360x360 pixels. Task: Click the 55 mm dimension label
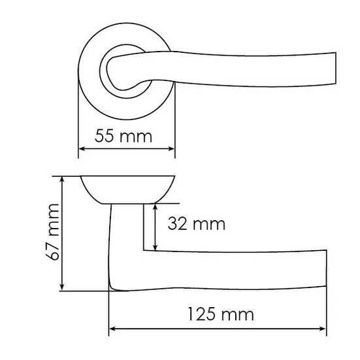[123, 136]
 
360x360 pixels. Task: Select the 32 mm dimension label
[196, 224]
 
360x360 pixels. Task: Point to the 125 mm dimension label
[221, 314]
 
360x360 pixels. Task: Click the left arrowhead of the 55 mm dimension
[82, 149]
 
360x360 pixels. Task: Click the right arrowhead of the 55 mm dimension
[171, 149]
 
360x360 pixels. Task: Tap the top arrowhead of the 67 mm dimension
[62, 180]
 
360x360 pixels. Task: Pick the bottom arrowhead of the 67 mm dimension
[62, 287]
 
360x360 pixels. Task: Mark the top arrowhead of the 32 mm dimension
[155, 208]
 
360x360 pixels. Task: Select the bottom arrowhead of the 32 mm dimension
[155, 246]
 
